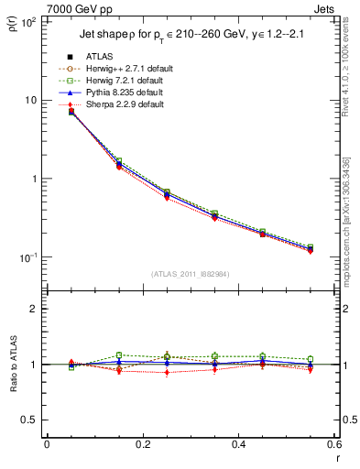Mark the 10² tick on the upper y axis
click(30, 21)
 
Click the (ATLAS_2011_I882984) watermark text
click(191, 274)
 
